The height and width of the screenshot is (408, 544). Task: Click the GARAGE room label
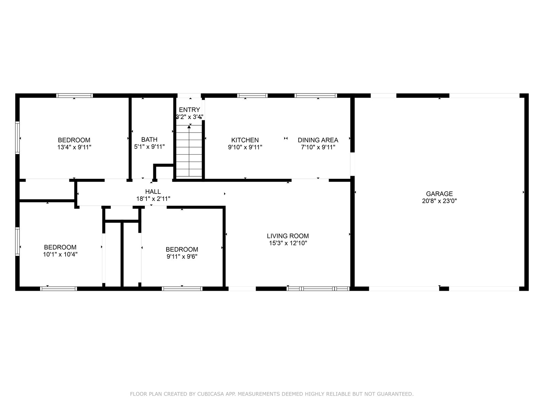(439, 194)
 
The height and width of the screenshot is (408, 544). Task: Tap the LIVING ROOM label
(288, 236)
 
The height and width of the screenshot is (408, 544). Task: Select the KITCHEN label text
(245, 140)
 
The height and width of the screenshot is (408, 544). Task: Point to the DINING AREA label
(318, 140)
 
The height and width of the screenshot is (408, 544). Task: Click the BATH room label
(150, 139)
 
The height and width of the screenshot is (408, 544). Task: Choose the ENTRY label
(189, 110)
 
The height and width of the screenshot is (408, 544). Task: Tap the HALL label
(153, 191)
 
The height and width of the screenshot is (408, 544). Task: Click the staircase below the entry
(189, 151)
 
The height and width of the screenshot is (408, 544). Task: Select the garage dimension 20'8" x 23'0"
(439, 201)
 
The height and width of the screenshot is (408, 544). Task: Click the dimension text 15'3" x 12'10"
(288, 243)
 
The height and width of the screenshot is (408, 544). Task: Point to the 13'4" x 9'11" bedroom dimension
(74, 147)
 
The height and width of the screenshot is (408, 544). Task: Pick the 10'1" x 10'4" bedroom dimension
(60, 254)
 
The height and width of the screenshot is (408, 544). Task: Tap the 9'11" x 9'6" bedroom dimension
(182, 256)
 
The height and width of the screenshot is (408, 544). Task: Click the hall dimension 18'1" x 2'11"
(153, 199)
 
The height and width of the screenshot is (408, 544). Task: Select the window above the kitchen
(252, 96)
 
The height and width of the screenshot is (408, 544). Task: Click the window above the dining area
(316, 96)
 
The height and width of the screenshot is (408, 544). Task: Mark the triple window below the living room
(318, 289)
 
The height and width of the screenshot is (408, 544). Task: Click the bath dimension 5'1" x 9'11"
(150, 147)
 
